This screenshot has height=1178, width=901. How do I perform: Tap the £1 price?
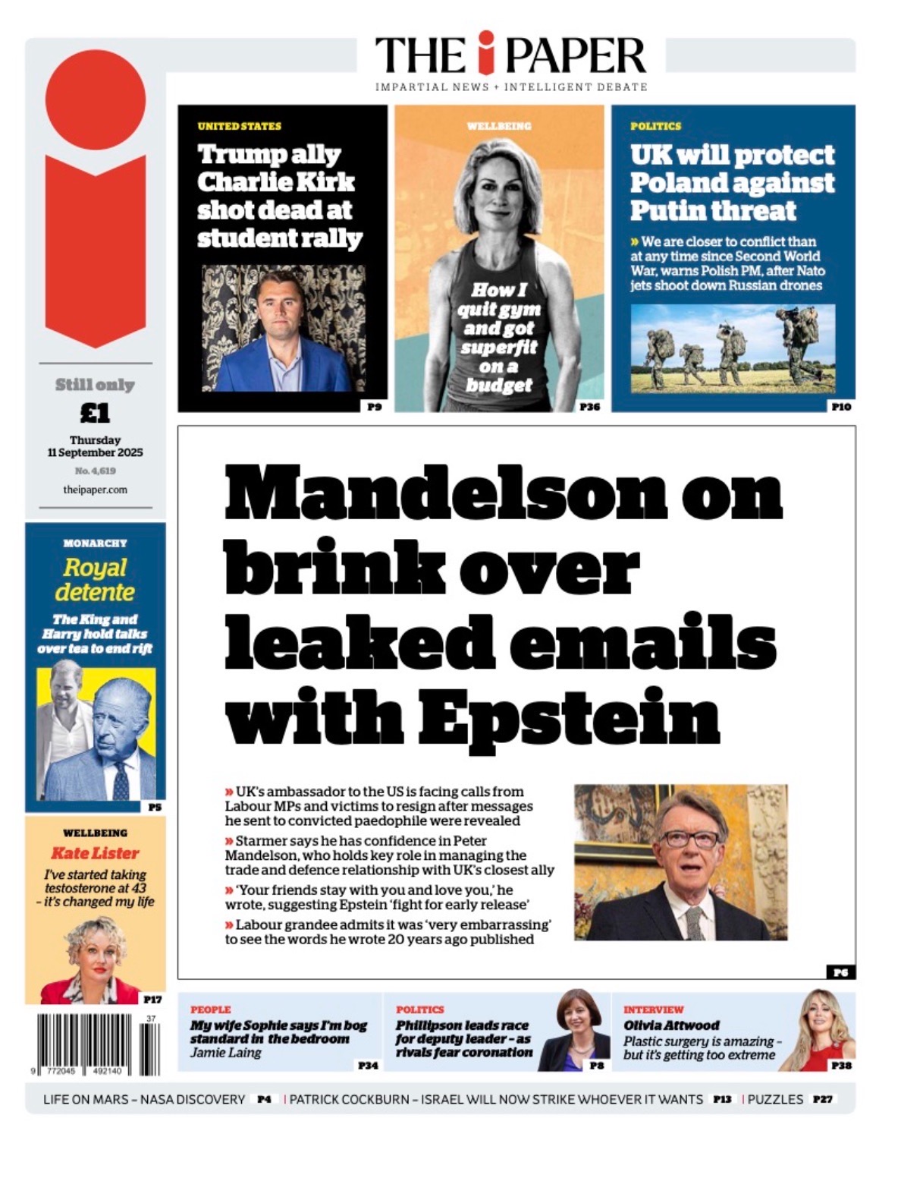[x=96, y=413]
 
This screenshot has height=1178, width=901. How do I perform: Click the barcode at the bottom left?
[x=95, y=1044]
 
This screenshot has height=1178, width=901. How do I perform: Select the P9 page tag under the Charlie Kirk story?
[x=374, y=407]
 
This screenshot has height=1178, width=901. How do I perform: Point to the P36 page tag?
[x=589, y=407]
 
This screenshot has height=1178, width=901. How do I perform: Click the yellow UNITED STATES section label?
[x=239, y=126]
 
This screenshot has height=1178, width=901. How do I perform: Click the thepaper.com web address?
[x=96, y=490]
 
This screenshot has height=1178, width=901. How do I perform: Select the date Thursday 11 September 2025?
[x=96, y=446]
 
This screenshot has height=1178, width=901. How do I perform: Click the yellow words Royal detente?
[x=95, y=579]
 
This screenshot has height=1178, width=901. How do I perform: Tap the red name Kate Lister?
[x=95, y=853]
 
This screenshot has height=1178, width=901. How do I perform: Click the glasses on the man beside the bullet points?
[x=689, y=839]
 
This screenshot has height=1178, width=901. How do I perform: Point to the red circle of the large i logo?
[x=95, y=99]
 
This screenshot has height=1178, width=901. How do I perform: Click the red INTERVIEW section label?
[x=653, y=1009]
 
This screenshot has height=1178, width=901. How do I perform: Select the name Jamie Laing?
[x=225, y=1053]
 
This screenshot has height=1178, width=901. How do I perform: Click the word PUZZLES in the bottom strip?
[x=775, y=1099]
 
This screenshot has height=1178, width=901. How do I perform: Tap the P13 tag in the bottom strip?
[x=722, y=1099]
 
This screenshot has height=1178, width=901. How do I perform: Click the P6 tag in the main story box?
[x=840, y=972]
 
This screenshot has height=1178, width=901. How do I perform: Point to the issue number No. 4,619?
[x=96, y=471]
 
